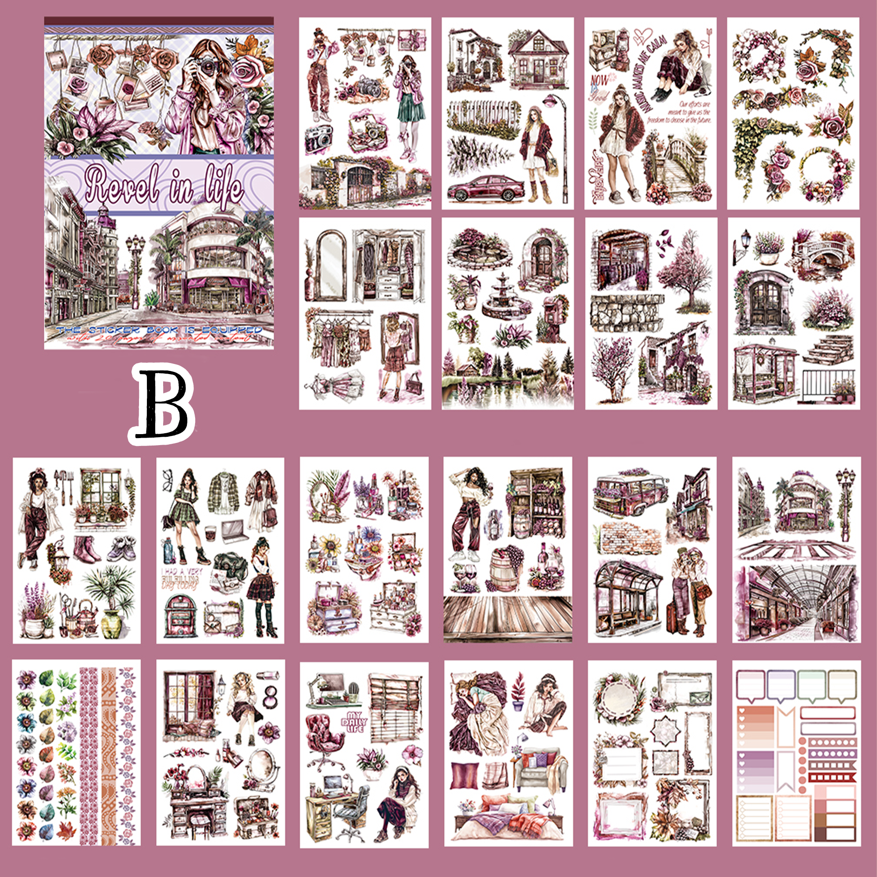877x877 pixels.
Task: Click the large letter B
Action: (x=162, y=403)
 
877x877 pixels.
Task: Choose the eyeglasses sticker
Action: (x=168, y=478)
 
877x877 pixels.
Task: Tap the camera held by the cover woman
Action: (x=207, y=68)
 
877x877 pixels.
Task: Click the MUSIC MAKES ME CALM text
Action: (x=645, y=73)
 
